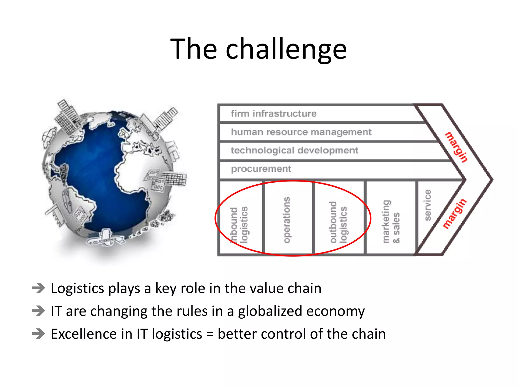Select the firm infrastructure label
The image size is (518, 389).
click(273, 113)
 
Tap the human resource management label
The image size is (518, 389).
click(301, 132)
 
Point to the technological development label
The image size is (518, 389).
click(294, 150)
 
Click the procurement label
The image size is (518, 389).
click(261, 169)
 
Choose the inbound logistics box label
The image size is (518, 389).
click(239, 225)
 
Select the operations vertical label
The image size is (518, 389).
click(287, 220)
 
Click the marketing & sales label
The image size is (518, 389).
click(391, 222)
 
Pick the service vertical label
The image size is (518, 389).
click(427, 205)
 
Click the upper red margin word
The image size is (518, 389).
click(456, 147)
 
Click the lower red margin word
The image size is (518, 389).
click(455, 214)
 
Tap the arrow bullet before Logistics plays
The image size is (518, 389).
click(39, 288)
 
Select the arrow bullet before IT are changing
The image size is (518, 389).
click(39, 311)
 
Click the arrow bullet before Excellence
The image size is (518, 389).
click(39, 334)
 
